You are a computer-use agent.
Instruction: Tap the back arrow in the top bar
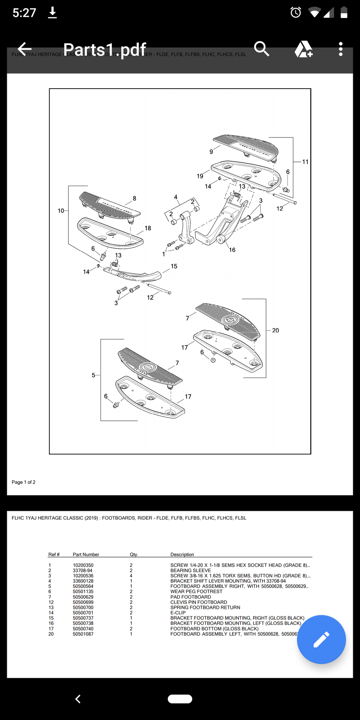[24, 49]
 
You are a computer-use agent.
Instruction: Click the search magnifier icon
[261, 49]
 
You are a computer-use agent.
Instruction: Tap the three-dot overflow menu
[341, 49]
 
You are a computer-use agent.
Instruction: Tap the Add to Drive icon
[303, 49]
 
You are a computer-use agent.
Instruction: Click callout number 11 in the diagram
[305, 162]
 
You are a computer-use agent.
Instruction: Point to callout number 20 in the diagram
[275, 330]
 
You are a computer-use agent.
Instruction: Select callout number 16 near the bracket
[232, 250]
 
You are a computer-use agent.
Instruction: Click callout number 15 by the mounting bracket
[174, 266]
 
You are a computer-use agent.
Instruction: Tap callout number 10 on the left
[61, 211]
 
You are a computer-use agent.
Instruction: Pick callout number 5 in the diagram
[93, 375]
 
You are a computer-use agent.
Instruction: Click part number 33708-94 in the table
[82, 571]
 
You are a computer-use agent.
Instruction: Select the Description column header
[182, 554]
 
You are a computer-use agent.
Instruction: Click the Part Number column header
[86, 554]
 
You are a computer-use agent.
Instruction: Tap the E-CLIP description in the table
[178, 613]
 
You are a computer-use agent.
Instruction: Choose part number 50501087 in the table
[83, 634]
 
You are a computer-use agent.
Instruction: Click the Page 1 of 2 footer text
[23, 482]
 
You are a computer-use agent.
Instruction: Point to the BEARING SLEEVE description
[190, 571]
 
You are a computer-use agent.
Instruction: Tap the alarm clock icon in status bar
[296, 13]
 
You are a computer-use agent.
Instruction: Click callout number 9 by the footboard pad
[211, 152]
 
